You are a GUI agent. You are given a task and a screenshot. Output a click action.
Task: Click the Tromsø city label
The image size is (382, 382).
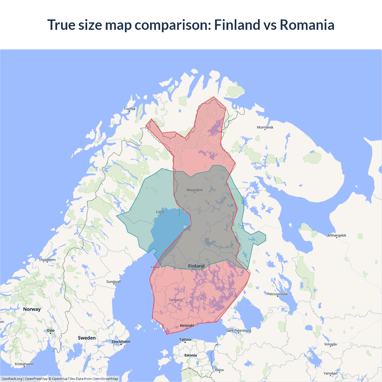pyautogui.click(x=130, y=109)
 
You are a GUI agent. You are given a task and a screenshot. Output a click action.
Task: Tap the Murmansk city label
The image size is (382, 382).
pyautogui.click(x=265, y=127)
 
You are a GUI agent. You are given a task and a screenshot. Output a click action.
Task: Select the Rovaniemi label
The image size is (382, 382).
pyautogui.click(x=194, y=190)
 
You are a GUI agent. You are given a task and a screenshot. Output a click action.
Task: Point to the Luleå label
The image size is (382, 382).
pyautogui.click(x=160, y=212)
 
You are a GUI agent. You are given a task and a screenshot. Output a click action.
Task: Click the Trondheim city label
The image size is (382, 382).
pyautogui.click(x=47, y=260)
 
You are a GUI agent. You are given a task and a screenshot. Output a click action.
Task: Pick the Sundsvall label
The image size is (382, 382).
pyautogui.click(x=113, y=282)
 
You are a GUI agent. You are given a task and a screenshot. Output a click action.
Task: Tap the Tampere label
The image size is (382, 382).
pyautogui.click(x=175, y=300)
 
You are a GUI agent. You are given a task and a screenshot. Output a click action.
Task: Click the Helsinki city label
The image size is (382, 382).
pyautogui.click(x=187, y=326)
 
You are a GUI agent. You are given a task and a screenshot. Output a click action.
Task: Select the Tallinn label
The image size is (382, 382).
pyautogui.click(x=185, y=340)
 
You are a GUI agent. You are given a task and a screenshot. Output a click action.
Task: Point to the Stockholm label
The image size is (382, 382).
pyautogui.click(x=121, y=342)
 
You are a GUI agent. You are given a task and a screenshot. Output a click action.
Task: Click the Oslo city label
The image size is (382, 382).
pyautogui.click(x=50, y=330)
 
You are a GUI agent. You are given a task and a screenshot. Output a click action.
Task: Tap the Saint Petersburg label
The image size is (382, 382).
pyautogui.click(x=238, y=330)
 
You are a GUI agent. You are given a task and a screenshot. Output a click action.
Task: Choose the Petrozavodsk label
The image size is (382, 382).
pyautogui.click(x=278, y=294)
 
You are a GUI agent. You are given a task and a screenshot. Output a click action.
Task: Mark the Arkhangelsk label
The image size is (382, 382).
pyautogui.click(x=337, y=235)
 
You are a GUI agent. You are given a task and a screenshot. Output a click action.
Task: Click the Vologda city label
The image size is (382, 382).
pyautogui.click(x=330, y=344)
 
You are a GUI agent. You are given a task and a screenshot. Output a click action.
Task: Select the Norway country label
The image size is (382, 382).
pyautogui.click(x=32, y=309)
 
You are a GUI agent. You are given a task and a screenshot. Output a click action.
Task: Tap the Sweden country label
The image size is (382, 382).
pyautogui.click(x=87, y=338)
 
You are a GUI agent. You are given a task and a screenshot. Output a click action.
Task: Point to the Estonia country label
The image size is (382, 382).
pyautogui.click(x=190, y=355)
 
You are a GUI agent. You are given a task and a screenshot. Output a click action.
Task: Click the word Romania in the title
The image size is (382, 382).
pyautogui.click(x=307, y=25)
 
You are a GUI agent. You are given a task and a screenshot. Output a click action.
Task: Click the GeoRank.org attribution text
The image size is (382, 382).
pyautogui.click(x=12, y=379)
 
